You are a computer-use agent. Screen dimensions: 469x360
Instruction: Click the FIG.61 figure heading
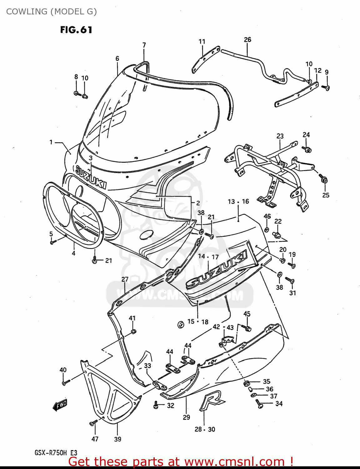[76, 30]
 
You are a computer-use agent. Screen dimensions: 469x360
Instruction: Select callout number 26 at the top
[247, 40]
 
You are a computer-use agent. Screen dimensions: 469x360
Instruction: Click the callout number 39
[117, 439]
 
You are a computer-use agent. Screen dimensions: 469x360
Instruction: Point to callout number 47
[95, 439]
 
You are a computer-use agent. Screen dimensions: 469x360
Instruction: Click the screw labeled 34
[259, 404]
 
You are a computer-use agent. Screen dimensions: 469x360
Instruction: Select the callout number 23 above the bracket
[280, 136]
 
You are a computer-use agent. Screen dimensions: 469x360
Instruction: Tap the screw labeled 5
[52, 242]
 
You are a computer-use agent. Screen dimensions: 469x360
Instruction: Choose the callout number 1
[51, 142]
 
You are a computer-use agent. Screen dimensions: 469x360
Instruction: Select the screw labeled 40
[66, 382]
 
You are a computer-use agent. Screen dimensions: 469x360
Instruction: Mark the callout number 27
[125, 279]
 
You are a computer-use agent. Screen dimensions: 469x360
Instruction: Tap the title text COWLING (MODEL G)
[52, 12]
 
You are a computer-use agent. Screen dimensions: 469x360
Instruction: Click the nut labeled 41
[133, 331]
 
